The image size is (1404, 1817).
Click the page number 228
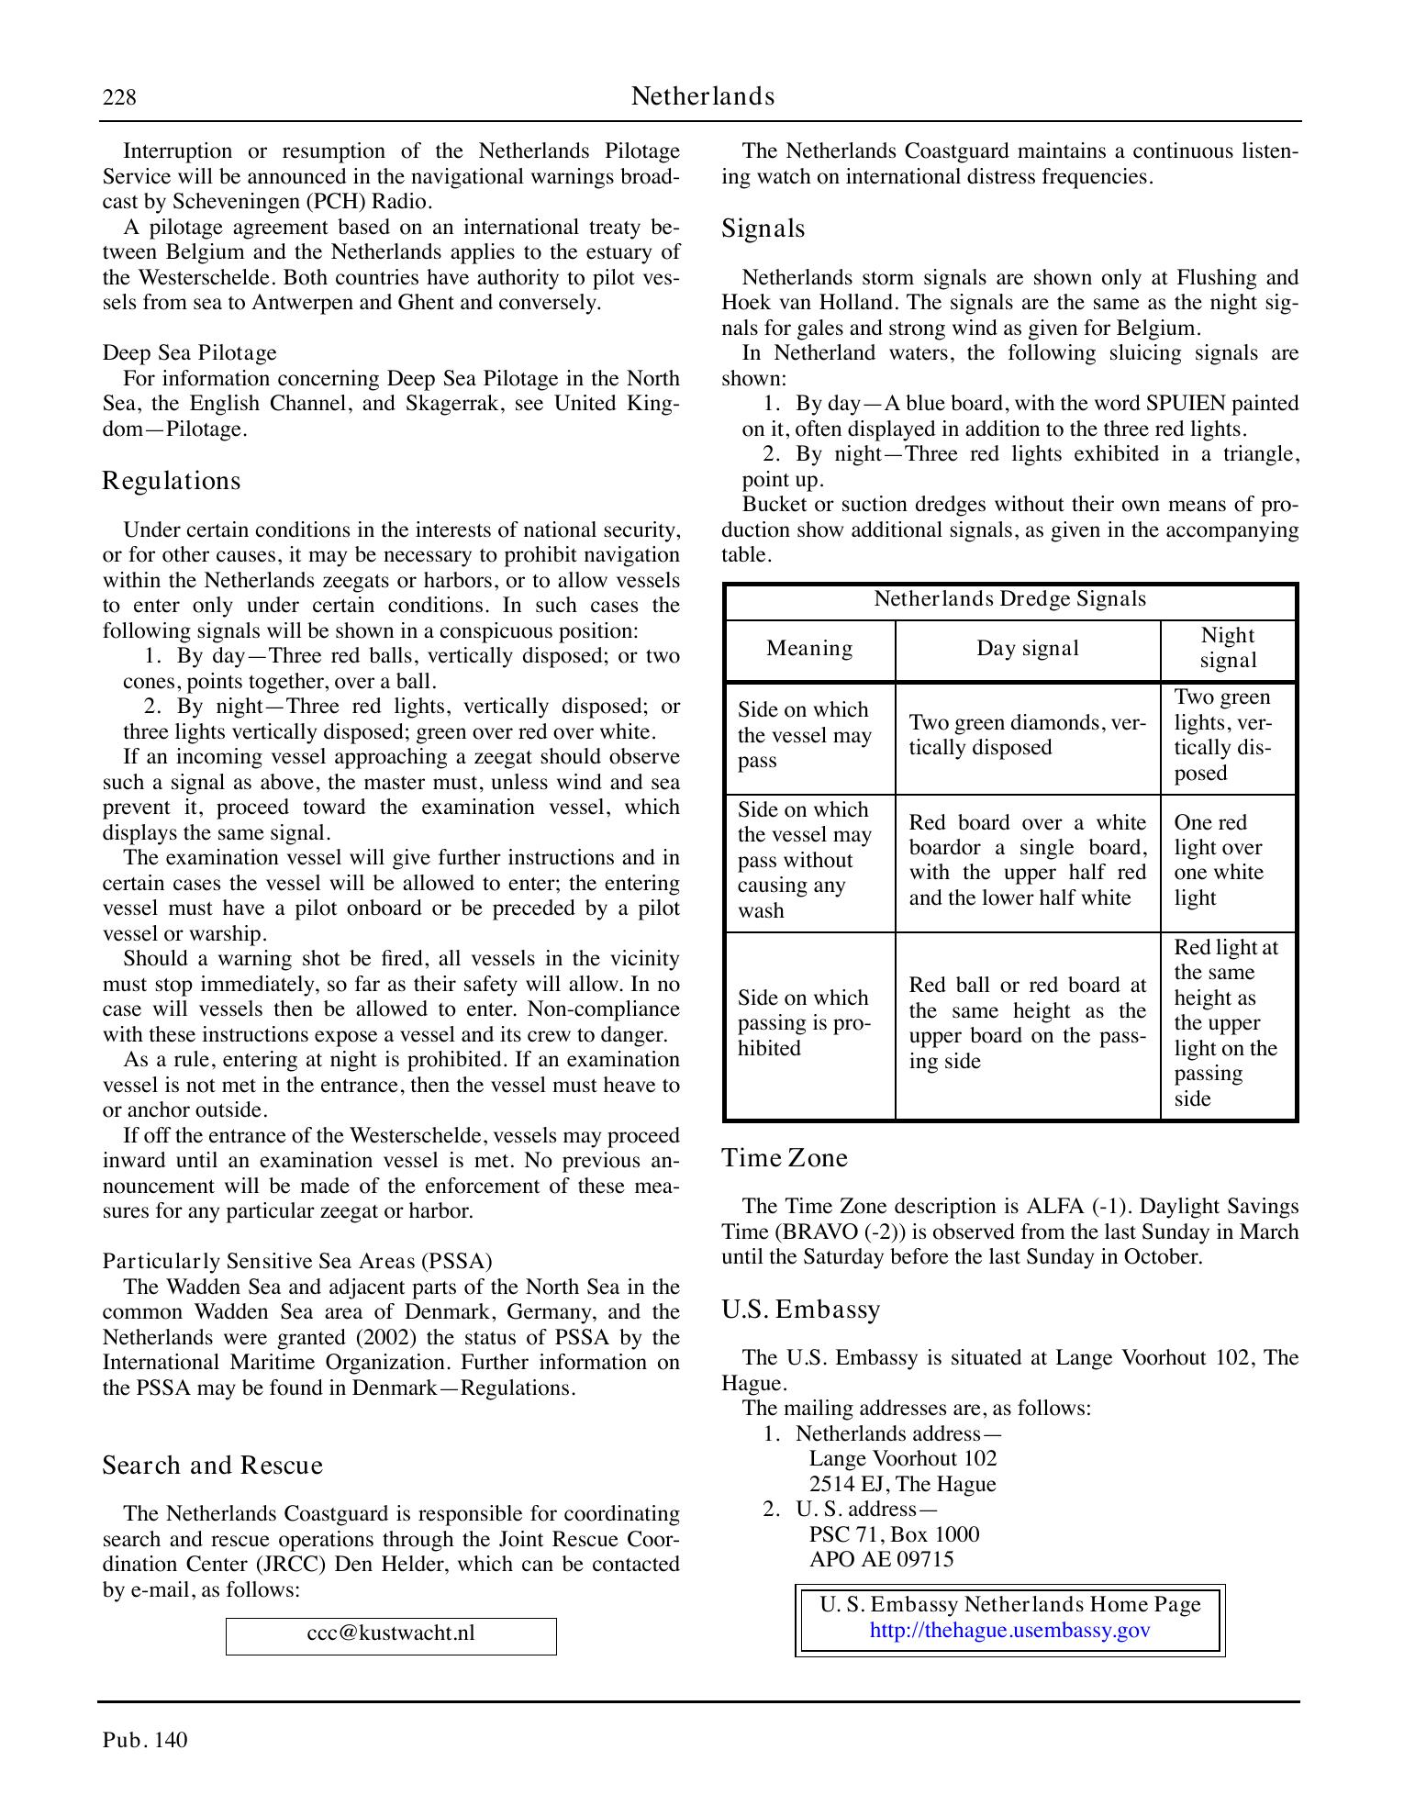click(x=119, y=97)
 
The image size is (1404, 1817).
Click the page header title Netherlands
click(x=702, y=96)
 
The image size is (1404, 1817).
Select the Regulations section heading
click(x=172, y=481)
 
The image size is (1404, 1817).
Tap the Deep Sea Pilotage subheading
click(x=189, y=353)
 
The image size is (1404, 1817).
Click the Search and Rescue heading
click(x=212, y=1466)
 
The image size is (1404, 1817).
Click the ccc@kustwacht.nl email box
click(x=391, y=1633)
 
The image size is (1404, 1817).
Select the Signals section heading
click(x=763, y=229)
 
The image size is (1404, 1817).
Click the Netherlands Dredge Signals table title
click(x=1009, y=599)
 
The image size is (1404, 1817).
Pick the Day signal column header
click(x=1027, y=649)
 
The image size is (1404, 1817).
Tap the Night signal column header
click(x=1227, y=648)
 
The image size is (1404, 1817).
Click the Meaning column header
click(x=809, y=649)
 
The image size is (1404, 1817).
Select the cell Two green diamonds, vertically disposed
click(x=1027, y=735)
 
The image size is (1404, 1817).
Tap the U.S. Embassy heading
click(x=800, y=1309)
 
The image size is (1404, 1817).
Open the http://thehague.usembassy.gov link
click(x=1009, y=1631)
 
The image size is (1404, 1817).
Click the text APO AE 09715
click(x=881, y=1560)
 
